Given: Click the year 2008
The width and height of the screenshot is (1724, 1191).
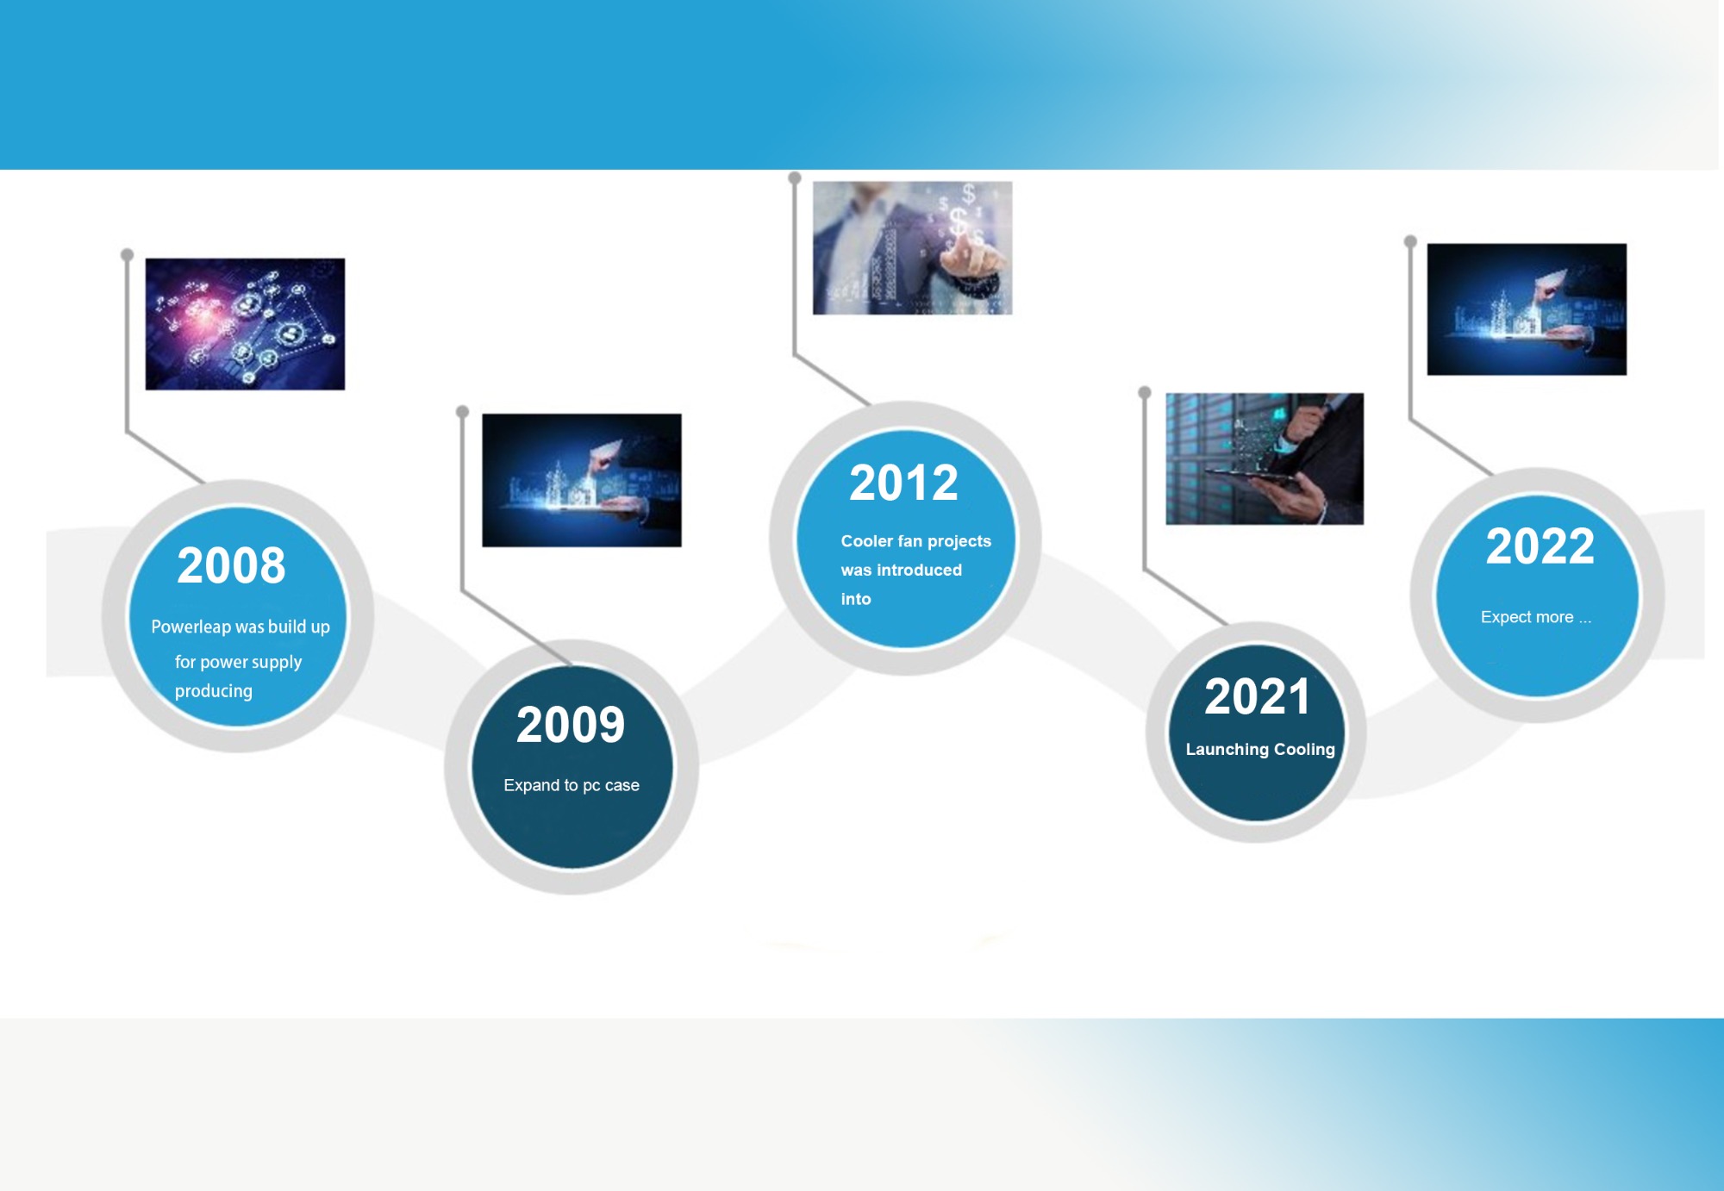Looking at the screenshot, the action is [x=231, y=565].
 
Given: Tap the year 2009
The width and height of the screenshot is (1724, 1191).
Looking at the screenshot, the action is [x=571, y=725].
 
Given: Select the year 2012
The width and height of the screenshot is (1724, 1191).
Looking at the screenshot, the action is [x=903, y=483].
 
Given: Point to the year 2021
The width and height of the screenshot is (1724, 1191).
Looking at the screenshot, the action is [x=1258, y=696].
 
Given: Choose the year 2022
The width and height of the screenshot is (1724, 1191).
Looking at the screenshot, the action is [x=1540, y=546].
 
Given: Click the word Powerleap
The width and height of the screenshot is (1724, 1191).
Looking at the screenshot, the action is [x=191, y=627].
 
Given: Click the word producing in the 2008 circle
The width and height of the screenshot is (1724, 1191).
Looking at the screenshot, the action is [x=214, y=691].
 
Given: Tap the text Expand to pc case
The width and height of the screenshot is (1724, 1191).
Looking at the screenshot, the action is [x=572, y=785].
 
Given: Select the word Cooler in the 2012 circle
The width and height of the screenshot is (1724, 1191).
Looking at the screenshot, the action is [x=867, y=541].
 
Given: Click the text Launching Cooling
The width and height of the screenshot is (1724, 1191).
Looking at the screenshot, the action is [x=1260, y=749].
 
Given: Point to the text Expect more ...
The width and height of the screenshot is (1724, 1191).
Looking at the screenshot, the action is [x=1527, y=617].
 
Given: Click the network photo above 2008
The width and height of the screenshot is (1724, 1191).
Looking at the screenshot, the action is [x=245, y=324].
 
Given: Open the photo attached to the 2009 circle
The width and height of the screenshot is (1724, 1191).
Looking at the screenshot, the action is [x=582, y=480].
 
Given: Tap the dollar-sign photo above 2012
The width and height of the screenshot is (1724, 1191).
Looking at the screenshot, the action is [x=912, y=248].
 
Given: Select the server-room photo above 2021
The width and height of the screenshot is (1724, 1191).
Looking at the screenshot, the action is [x=1265, y=458].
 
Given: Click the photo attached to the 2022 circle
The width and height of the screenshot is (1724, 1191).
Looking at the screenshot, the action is [x=1527, y=309].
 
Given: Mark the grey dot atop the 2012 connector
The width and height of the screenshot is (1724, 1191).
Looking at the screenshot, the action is [x=795, y=178].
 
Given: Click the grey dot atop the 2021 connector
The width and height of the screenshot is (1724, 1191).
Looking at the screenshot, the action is [x=1145, y=393].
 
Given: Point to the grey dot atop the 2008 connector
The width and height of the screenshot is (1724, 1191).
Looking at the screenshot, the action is [x=127, y=255].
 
